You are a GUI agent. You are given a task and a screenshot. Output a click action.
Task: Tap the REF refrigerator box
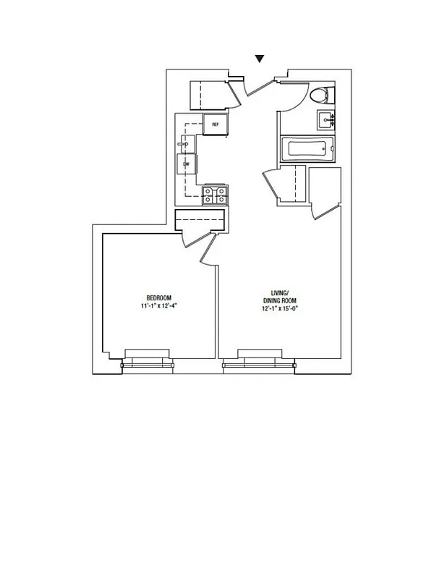pyautogui.click(x=216, y=124)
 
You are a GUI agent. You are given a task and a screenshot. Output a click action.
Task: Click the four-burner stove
pyautogui.click(x=216, y=195)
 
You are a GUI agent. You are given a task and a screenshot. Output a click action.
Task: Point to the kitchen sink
pyautogui.click(x=185, y=145)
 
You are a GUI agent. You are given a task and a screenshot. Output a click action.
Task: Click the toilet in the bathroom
pyautogui.click(x=319, y=95)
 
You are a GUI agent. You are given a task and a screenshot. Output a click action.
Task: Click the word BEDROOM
pyautogui.click(x=158, y=298)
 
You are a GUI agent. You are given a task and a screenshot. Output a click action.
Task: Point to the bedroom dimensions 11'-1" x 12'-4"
pyautogui.click(x=159, y=306)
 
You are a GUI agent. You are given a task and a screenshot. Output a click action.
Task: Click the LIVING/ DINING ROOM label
pyautogui.click(x=279, y=297)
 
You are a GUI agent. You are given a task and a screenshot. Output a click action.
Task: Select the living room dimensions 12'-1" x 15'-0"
pyautogui.click(x=279, y=309)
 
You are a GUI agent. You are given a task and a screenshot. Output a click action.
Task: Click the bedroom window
pyautogui.click(x=147, y=360)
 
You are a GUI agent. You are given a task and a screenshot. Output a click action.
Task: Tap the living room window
pyautogui.click(x=259, y=360)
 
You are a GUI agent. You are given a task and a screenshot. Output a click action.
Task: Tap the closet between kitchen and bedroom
pyautogui.click(x=201, y=219)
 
